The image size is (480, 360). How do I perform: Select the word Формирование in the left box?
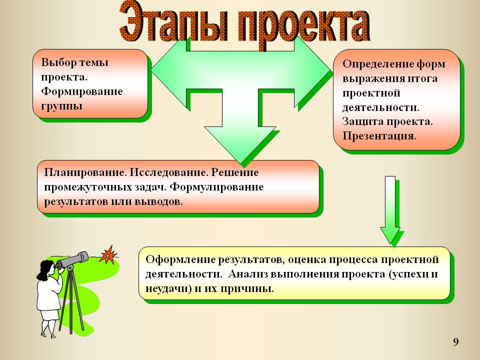point(82,91)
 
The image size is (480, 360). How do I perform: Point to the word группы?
point(62,106)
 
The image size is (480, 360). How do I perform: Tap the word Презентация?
point(379,136)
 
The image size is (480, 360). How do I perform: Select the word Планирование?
point(85,172)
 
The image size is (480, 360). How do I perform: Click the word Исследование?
point(168,172)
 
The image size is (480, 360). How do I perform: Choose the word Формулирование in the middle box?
point(216,186)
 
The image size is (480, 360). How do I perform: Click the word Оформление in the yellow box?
point(180,259)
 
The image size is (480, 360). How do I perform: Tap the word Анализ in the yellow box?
point(249,273)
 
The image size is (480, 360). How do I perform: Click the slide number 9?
point(456,342)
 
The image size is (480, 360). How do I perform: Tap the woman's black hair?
point(44,269)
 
